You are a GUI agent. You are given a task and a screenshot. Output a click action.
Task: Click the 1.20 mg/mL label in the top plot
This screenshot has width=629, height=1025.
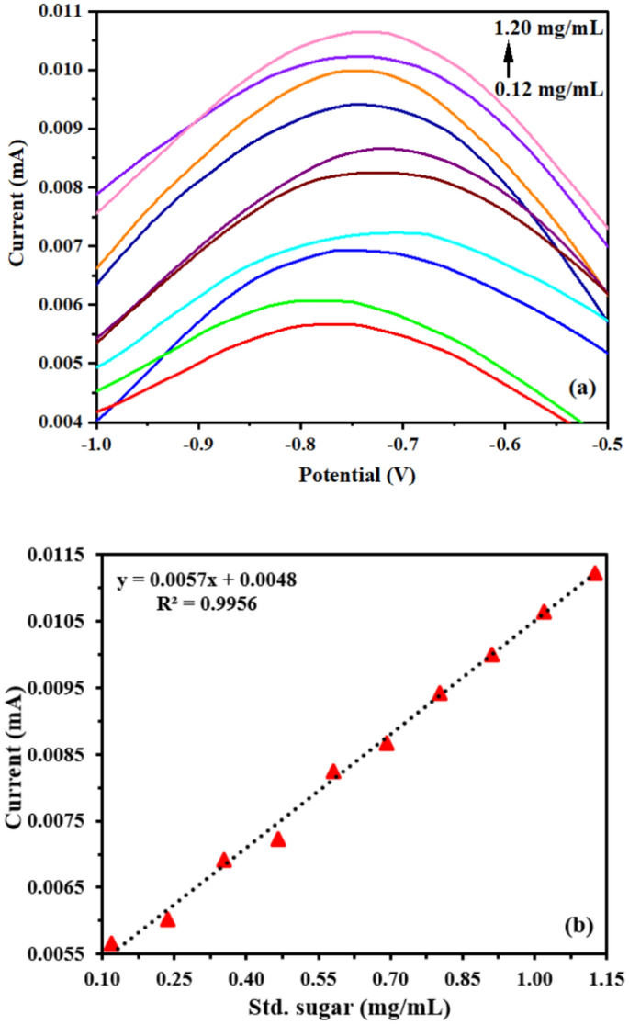coord(548,30)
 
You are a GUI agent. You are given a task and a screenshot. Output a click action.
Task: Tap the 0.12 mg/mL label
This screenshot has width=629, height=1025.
coord(548,89)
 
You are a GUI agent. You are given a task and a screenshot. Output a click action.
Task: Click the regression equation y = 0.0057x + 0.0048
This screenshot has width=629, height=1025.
coord(206,580)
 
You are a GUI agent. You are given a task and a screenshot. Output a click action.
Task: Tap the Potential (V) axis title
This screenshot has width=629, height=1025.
coord(352,476)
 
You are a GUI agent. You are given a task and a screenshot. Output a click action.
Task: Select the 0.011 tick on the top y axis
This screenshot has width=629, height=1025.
coord(61,11)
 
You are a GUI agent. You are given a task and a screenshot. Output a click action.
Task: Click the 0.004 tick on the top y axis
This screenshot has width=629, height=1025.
coord(61,422)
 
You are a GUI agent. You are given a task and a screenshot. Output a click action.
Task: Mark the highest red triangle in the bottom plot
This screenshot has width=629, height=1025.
coord(595,573)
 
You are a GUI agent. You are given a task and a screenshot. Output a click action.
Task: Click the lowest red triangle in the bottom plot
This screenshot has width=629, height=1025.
coord(111,943)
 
